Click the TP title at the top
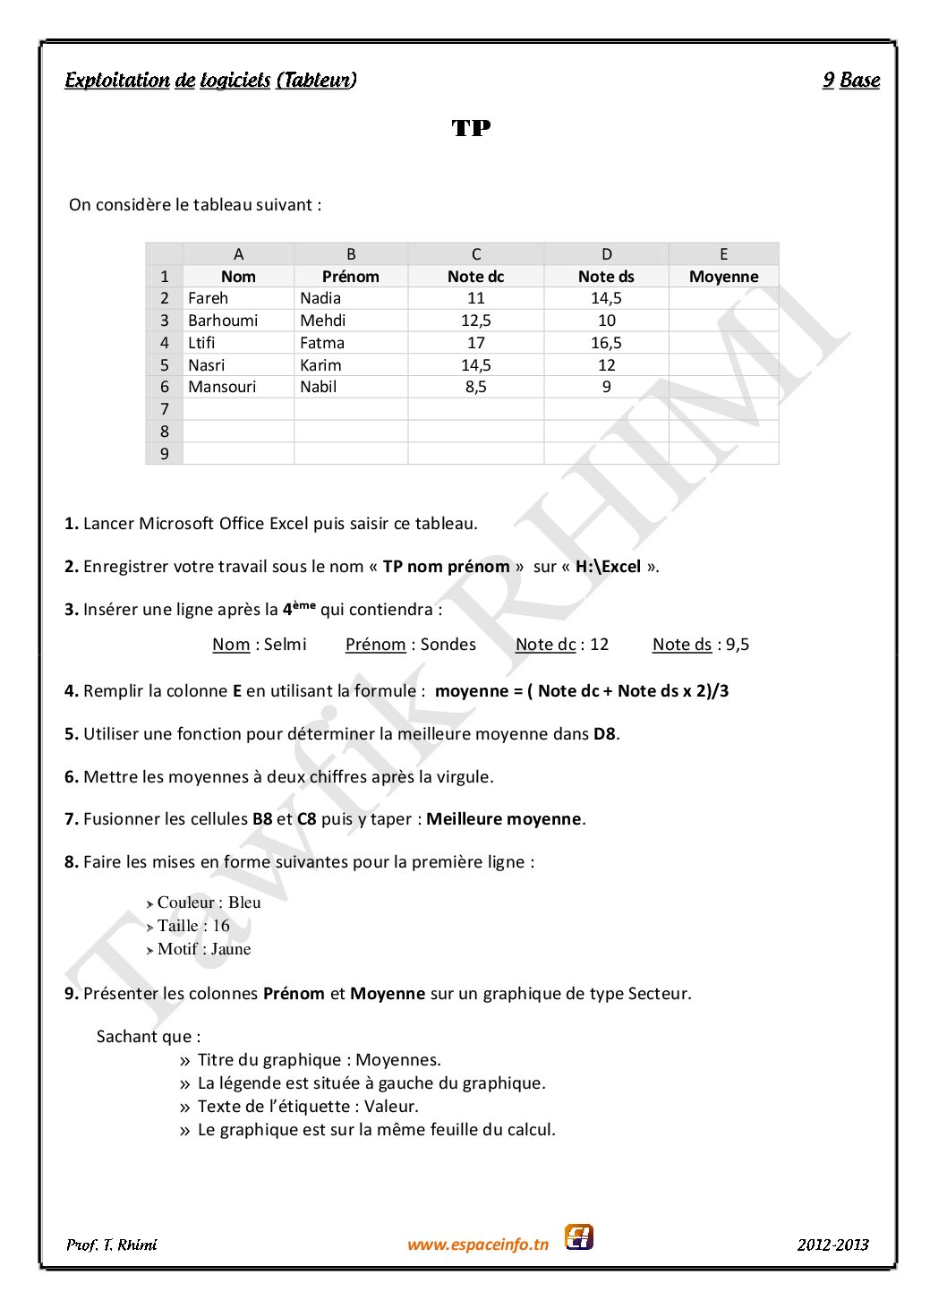tap(471, 128)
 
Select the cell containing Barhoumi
tap(223, 321)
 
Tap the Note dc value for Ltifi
tap(475, 343)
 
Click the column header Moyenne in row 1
tap(723, 277)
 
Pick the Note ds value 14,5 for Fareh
tap(606, 298)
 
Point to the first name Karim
tap(320, 365)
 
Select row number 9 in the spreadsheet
tap(165, 454)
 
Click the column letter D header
tap(606, 254)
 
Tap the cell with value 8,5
tap(475, 387)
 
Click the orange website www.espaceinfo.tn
tap(478, 1245)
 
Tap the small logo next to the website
tap(579, 1237)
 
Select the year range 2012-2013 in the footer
tap(832, 1245)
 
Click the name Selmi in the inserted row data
tap(285, 645)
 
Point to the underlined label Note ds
tap(682, 645)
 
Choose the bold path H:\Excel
tap(608, 567)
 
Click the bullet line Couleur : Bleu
tap(209, 903)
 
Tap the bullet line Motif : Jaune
tap(204, 949)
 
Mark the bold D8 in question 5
tap(604, 734)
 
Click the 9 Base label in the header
tap(851, 81)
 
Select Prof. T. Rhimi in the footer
tap(112, 1245)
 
